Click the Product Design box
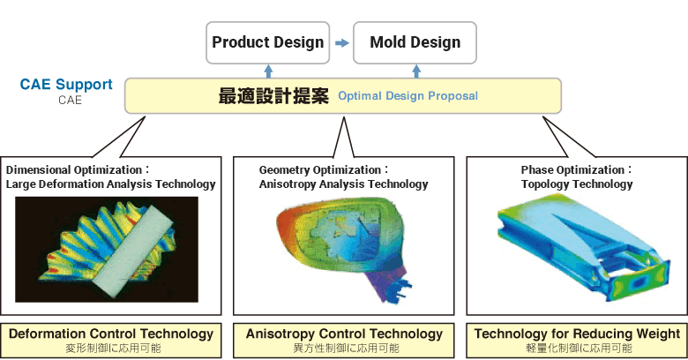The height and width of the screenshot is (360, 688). tap(267, 42)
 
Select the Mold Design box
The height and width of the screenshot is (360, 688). tap(415, 42)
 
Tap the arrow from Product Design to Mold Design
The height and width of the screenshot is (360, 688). tap(342, 43)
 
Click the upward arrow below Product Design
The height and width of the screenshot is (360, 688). tap(268, 71)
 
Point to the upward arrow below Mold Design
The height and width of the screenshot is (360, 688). tap(416, 71)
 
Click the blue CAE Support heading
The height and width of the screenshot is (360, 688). tap(66, 84)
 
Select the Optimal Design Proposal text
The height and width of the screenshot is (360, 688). tap(408, 95)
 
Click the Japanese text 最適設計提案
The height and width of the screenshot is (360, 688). tap(273, 95)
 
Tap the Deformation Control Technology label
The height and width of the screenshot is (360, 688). tap(111, 334)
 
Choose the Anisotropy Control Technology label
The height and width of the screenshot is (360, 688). tap(344, 334)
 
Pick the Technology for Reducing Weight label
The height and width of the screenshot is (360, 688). tap(577, 334)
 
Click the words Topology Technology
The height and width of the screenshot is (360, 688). tap(577, 184)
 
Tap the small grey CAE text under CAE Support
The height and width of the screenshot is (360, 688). tap(70, 100)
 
